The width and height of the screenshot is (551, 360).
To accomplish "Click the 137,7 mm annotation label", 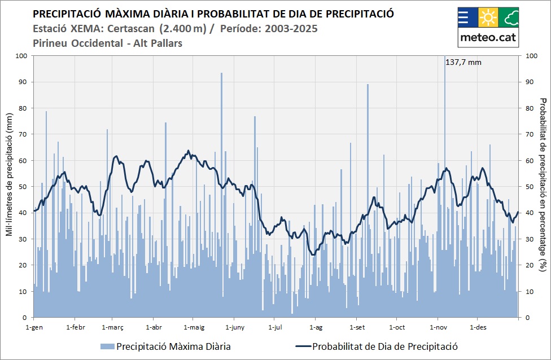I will pyautogui.click(x=463, y=62).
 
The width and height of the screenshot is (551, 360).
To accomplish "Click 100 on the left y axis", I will pyautogui.click(x=21, y=56).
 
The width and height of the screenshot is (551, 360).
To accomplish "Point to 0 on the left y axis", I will pyautogui.click(x=25, y=318).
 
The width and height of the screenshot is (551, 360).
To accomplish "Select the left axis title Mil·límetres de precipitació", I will pyautogui.click(x=10, y=186).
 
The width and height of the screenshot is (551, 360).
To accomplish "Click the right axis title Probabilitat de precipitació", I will pyautogui.click(x=543, y=186).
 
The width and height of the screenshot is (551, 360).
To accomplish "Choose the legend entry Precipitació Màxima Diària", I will pyautogui.click(x=173, y=346).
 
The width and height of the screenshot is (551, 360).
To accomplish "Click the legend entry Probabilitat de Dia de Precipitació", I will pyautogui.click(x=384, y=346).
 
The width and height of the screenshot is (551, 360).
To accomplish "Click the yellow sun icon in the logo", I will pyautogui.click(x=488, y=17).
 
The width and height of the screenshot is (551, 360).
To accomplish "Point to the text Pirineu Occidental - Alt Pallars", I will pyautogui.click(x=108, y=43).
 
